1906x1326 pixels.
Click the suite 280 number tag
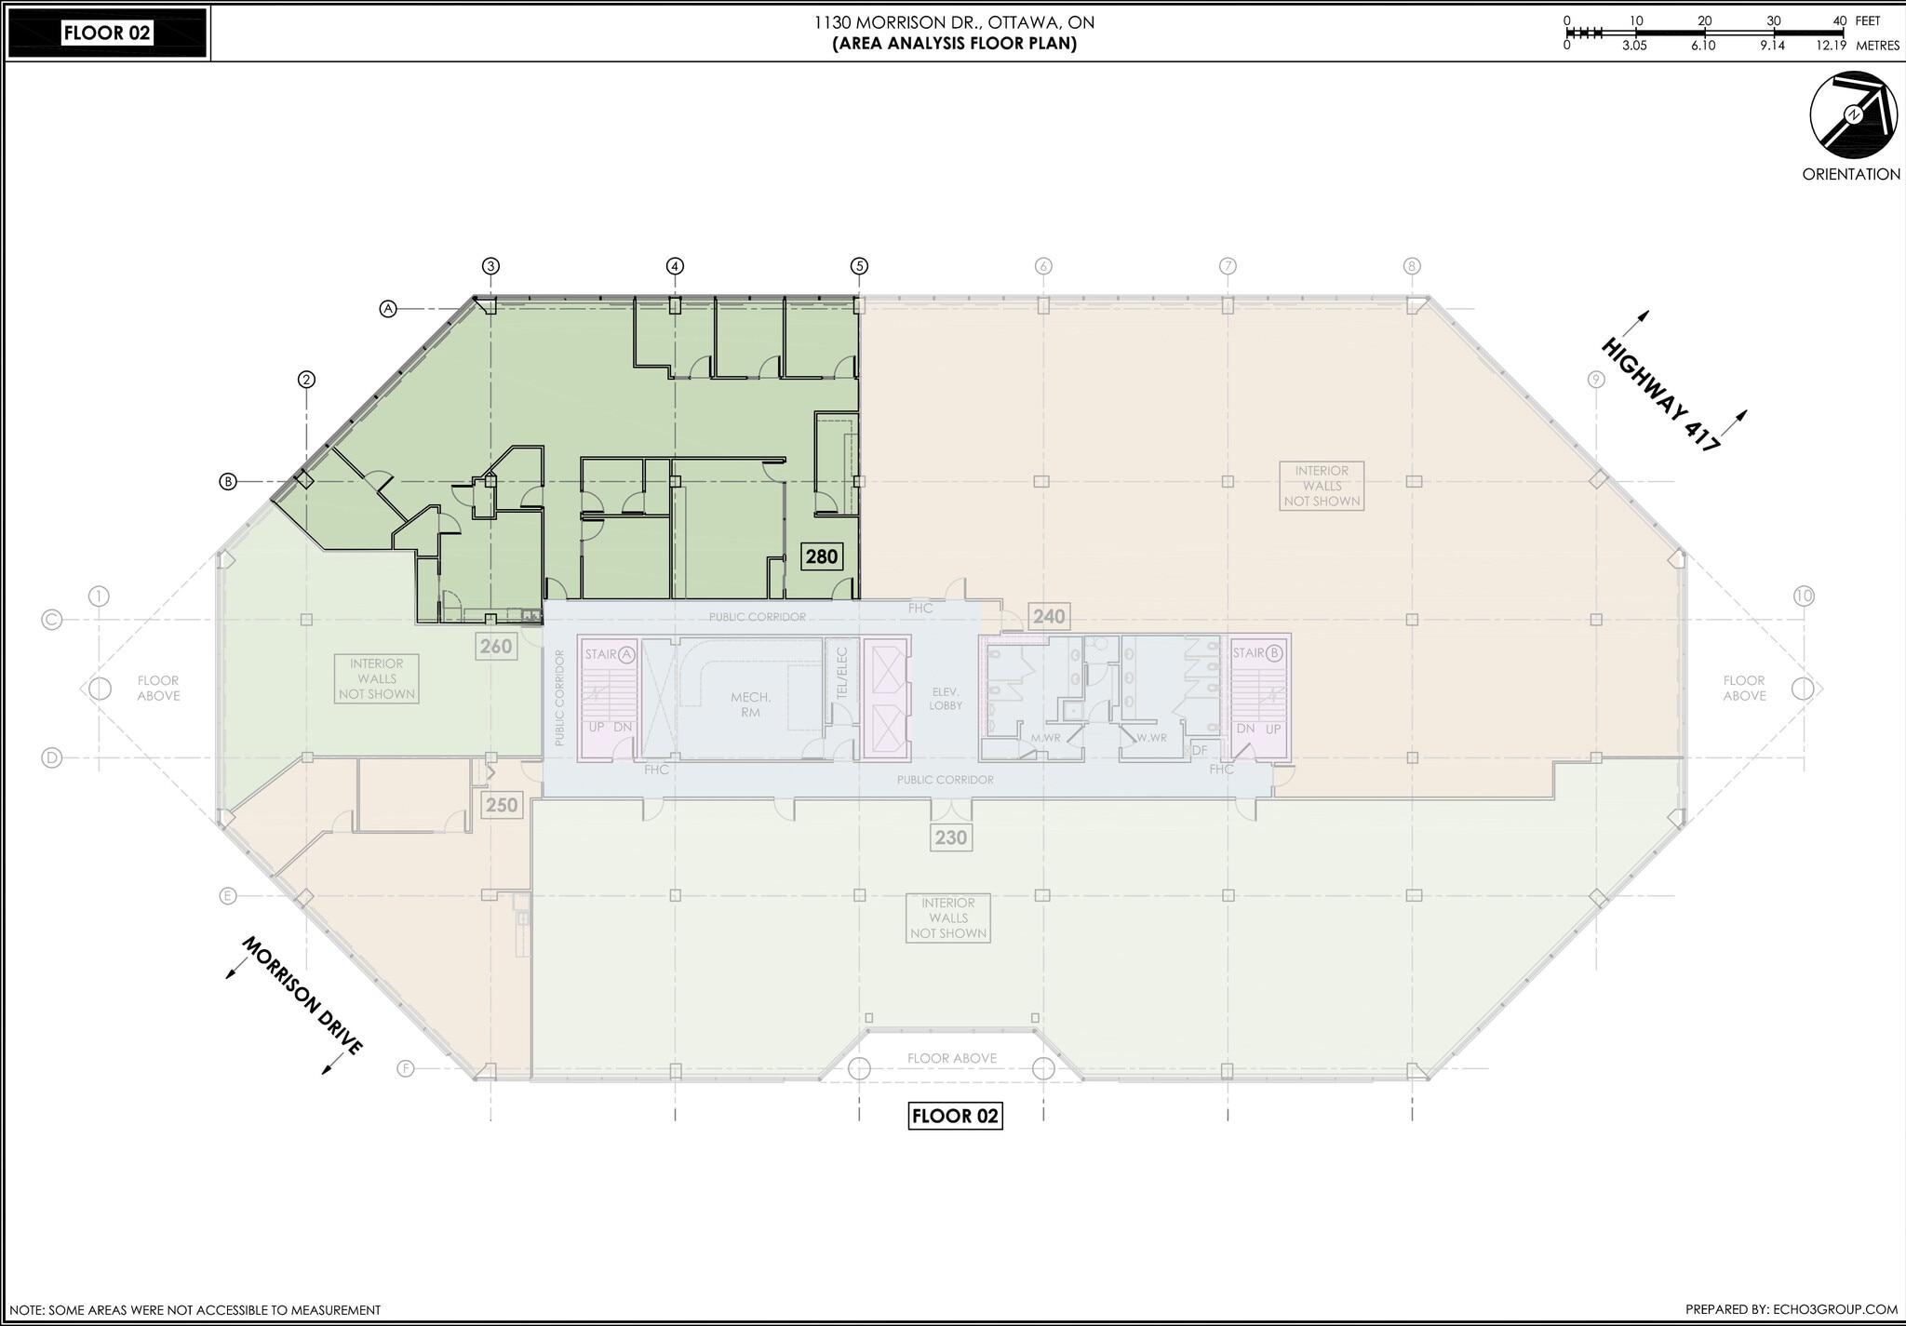coord(822,556)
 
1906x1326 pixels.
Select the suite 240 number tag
coord(1049,616)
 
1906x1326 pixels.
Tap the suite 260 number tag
coord(496,646)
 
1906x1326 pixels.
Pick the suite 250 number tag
coord(502,805)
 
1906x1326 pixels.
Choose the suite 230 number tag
coord(950,837)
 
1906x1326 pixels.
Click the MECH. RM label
coord(750,704)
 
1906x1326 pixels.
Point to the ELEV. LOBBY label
coord(946,699)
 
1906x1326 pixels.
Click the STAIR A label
coord(610,654)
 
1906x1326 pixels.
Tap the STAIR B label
coord(1259,652)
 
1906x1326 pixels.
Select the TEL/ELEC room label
coord(841,672)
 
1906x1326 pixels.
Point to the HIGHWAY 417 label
coord(1659,395)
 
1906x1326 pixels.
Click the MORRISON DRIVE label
coord(302,996)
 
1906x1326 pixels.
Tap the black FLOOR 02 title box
coord(106,33)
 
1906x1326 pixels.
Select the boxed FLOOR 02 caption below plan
coord(955,1116)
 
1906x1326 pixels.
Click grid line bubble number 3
coord(490,266)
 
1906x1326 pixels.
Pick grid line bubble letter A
coord(389,308)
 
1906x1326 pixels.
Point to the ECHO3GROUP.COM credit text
coord(1791,1309)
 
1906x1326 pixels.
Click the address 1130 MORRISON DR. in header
coord(953,22)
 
